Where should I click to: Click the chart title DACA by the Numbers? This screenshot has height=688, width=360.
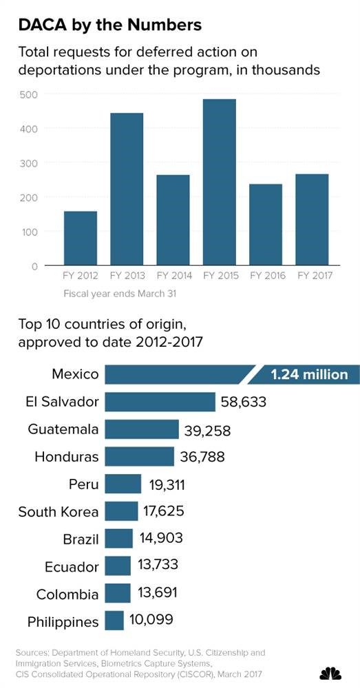pos(109,25)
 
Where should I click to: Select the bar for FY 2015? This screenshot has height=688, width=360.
pos(220,182)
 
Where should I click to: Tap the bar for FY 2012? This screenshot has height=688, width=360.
pos(81,238)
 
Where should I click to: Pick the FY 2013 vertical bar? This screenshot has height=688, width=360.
pos(127,189)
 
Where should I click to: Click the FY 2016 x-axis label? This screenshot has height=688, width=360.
pos(266,276)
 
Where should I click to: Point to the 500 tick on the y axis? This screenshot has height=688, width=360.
pos(28,94)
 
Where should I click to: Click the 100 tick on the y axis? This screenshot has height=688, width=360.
pos(28,231)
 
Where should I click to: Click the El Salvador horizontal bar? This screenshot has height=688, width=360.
pos(160,402)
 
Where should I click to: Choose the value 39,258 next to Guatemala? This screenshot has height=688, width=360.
pos(207,430)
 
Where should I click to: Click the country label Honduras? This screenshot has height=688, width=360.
pos(67,457)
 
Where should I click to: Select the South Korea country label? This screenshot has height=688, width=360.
pos(59,512)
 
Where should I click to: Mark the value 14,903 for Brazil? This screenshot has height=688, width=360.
pos(160,538)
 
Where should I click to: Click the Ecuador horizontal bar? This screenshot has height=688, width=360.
pos(118,566)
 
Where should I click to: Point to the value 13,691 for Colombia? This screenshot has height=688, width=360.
pos(158,593)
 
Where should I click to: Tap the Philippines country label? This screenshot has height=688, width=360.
pos(63,622)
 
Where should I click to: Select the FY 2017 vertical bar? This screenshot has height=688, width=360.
pos(313,219)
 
